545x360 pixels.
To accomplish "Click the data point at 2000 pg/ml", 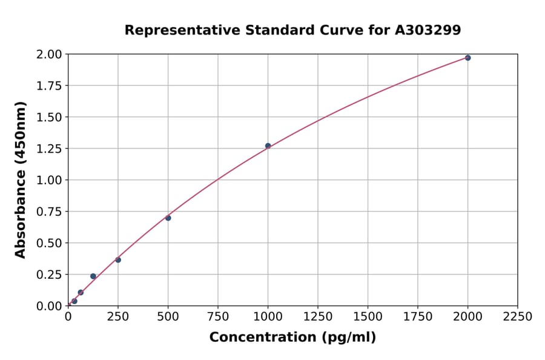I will [467, 58].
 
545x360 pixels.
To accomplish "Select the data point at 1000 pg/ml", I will [268, 146].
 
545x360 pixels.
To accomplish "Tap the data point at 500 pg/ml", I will [168, 218].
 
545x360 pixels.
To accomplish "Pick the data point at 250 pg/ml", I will [118, 260].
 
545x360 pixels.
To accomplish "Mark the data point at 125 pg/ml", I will [93, 276].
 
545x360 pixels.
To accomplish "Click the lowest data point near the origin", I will [74, 301].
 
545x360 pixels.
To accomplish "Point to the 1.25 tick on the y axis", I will [48, 148].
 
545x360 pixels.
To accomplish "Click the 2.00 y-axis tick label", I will [48, 55].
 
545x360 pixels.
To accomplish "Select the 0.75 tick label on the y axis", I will [48, 212].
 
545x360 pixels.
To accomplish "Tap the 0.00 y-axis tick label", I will [48, 306].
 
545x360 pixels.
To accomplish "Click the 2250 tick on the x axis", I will [518, 317].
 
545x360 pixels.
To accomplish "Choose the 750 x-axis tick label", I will [218, 317].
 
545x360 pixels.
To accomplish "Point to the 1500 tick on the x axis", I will [368, 317].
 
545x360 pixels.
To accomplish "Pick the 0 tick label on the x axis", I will [68, 317].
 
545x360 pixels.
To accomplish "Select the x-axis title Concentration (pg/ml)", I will [292, 338].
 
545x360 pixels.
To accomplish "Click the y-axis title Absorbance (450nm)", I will [21, 180].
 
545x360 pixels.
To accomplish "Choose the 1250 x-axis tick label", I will [318, 317].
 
